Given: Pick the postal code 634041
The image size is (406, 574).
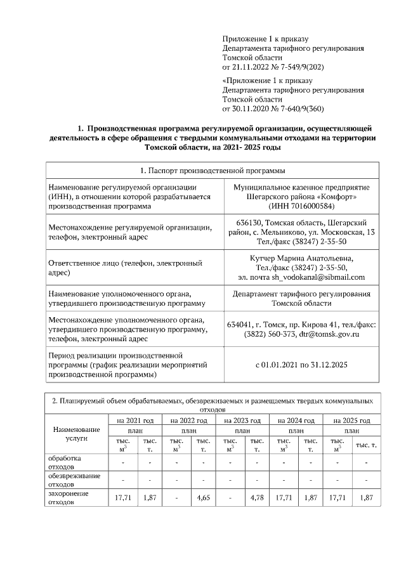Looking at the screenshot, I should click(240, 324).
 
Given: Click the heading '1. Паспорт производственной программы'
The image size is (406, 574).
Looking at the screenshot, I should click(212, 171).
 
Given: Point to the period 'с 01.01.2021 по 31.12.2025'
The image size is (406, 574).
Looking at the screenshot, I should click(301, 365).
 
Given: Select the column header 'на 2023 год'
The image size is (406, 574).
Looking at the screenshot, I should click(243, 421).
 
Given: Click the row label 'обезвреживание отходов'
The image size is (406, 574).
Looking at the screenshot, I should click(69, 479).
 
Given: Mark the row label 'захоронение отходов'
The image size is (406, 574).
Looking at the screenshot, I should click(69, 497).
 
